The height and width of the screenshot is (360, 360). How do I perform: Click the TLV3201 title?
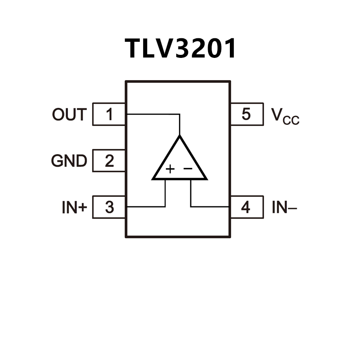181,48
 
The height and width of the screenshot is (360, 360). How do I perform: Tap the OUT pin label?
69,114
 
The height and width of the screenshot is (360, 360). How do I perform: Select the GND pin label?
69,161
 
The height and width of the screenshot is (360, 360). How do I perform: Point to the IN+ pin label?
74,208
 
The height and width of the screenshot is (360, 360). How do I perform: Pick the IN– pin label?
284,208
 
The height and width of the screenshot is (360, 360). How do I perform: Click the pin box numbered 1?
109,114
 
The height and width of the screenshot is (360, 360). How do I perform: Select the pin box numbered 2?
109,161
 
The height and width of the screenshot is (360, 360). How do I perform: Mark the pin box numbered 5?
246,114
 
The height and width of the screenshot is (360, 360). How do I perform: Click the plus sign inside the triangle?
170,169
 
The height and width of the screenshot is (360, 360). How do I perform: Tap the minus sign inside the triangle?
188,168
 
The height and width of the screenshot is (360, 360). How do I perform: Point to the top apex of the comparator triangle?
179,136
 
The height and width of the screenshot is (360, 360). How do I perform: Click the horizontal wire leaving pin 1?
152,114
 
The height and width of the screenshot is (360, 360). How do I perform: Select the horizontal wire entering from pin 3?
146,206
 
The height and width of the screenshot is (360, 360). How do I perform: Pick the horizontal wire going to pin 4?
210,206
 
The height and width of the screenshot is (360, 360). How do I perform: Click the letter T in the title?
134,48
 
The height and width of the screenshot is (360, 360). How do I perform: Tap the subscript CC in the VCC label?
291,121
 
